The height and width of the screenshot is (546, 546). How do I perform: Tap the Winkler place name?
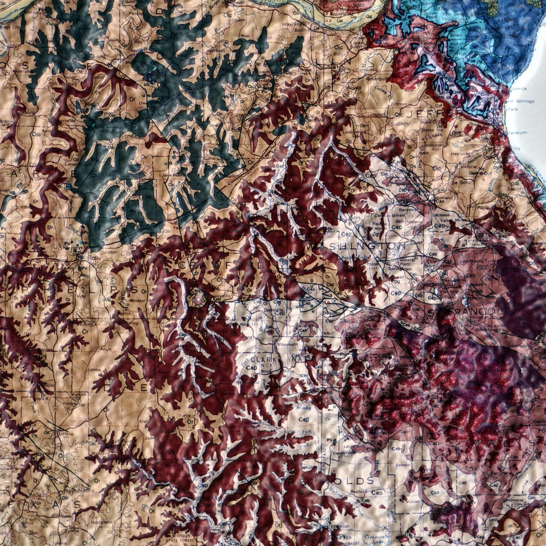click(138, 300)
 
